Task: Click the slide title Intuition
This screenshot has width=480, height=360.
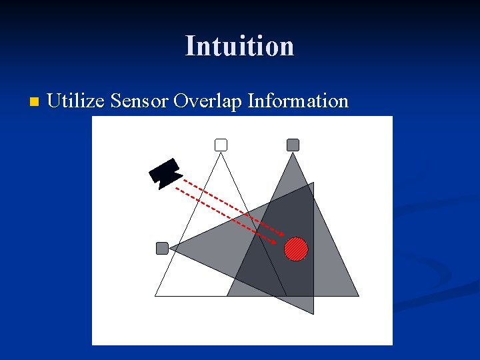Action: (239, 46)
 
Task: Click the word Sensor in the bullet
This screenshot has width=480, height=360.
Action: (139, 101)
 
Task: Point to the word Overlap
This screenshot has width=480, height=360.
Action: (207, 101)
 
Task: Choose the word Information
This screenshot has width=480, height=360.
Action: (297, 101)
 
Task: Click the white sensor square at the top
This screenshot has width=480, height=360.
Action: (221, 145)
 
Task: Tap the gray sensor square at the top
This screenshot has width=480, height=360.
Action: (293, 145)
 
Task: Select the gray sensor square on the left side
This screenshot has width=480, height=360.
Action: (162, 248)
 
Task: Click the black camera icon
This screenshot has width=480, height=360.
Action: (165, 173)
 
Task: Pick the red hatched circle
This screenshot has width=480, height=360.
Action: (297, 249)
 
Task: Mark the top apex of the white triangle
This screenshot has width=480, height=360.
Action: (221, 153)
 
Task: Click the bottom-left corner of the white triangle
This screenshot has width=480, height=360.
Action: (155, 296)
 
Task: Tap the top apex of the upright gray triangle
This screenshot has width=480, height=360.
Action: (293, 153)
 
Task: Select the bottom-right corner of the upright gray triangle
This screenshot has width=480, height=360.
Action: (359, 296)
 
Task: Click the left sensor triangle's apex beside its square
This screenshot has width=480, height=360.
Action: (170, 248)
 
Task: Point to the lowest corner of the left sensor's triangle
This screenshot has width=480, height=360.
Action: (313, 313)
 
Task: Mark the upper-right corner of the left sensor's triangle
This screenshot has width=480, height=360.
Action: (313, 183)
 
